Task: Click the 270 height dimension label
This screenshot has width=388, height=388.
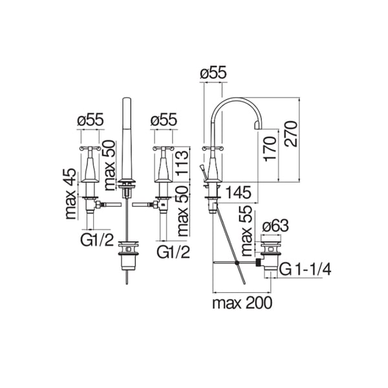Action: tap(290, 134)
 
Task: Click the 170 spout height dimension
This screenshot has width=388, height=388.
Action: tap(270, 149)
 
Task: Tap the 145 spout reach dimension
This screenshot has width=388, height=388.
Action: tap(239, 192)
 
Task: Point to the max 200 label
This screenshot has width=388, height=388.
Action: tap(242, 303)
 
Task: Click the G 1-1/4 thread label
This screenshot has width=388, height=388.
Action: tap(305, 269)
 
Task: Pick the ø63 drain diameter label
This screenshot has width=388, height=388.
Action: tap(275, 226)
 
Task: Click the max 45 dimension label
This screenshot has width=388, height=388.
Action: tap(70, 194)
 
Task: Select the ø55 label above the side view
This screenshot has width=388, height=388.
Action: tap(213, 72)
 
